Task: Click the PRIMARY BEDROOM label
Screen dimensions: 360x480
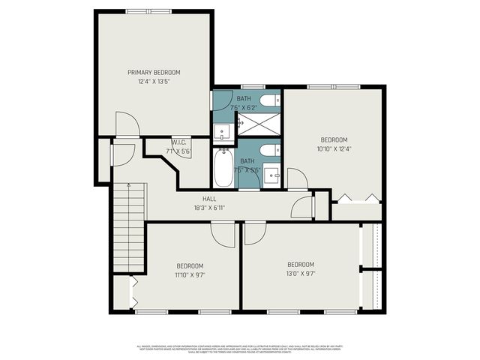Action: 154,73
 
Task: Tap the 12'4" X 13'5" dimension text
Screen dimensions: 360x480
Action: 154,82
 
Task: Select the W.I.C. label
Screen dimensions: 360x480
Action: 178,142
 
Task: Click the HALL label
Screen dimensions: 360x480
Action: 199,199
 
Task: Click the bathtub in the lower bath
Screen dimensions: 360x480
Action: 223,169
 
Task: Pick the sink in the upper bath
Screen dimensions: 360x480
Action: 223,133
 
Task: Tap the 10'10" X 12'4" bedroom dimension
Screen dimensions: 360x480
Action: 334,149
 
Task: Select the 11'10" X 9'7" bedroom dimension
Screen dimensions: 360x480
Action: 190,275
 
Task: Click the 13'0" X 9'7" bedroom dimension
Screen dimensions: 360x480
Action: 300,274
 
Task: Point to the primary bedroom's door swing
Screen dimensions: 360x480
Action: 126,124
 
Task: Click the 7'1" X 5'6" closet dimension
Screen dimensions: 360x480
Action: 178,151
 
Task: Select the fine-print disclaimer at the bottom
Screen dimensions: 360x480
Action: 240,349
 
